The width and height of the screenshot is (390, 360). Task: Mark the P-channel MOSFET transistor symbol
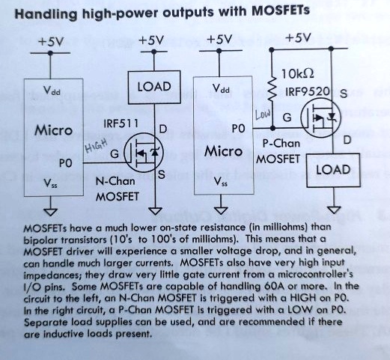point(320,118)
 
